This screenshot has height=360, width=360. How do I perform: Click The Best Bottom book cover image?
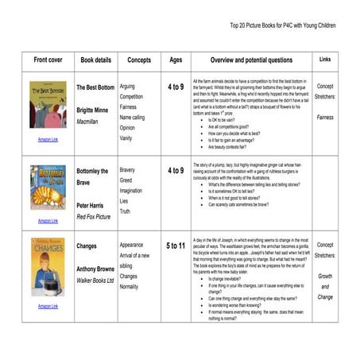(x=48, y=106)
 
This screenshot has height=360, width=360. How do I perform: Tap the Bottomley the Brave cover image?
(x=48, y=188)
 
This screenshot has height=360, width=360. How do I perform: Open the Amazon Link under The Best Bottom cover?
(x=48, y=139)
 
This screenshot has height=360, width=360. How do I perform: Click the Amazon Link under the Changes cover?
(x=48, y=306)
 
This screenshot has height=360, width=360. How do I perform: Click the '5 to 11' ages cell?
(x=176, y=246)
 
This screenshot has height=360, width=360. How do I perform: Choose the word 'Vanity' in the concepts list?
(x=126, y=137)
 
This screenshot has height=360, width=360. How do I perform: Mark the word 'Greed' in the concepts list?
(x=126, y=180)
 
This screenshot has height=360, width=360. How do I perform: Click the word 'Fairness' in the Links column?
(x=325, y=117)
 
